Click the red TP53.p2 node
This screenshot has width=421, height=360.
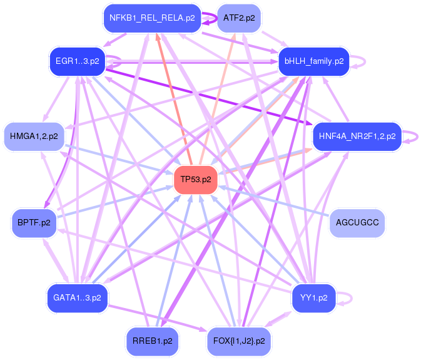(x=196, y=180)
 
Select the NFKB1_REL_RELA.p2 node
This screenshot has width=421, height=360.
(x=153, y=18)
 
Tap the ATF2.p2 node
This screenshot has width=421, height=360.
(x=238, y=18)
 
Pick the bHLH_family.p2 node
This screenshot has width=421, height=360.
(x=313, y=61)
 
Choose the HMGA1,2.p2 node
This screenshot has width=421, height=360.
(x=34, y=136)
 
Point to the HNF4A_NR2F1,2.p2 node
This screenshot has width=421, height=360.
(x=357, y=136)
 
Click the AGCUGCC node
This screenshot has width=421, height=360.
(x=357, y=222)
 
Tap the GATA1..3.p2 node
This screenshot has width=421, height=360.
(x=77, y=298)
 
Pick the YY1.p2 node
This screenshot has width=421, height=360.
(x=313, y=298)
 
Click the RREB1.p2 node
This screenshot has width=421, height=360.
(x=153, y=341)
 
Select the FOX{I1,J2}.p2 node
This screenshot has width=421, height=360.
(x=238, y=341)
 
